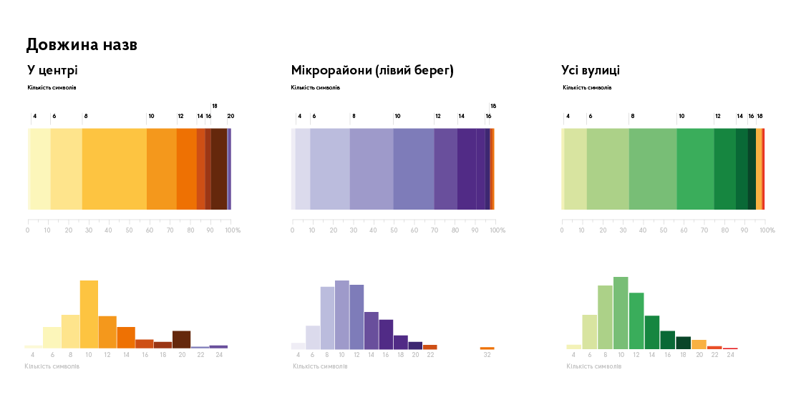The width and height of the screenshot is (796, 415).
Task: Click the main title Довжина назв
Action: coord(82,45)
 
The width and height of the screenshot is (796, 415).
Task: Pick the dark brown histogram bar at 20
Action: coord(181,339)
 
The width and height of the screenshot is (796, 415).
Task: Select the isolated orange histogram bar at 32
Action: coord(487,348)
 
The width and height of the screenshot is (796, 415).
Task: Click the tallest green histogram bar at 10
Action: coord(621,313)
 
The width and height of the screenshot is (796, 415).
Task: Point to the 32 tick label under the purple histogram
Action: coord(487,355)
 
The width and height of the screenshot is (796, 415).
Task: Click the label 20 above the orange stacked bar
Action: coord(230,116)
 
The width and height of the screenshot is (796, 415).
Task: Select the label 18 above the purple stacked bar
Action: coord(493,106)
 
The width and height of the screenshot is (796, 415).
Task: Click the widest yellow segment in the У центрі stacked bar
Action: coord(114,169)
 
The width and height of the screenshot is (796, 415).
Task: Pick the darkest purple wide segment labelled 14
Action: coord(467,169)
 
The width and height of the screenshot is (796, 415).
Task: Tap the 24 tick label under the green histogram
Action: coord(730,355)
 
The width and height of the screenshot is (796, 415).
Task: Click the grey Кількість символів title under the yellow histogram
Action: coord(52,366)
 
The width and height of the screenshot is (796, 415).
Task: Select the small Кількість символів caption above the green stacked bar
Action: coord(587,88)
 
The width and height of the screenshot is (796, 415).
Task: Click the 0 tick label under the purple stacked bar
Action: coord(293,230)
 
